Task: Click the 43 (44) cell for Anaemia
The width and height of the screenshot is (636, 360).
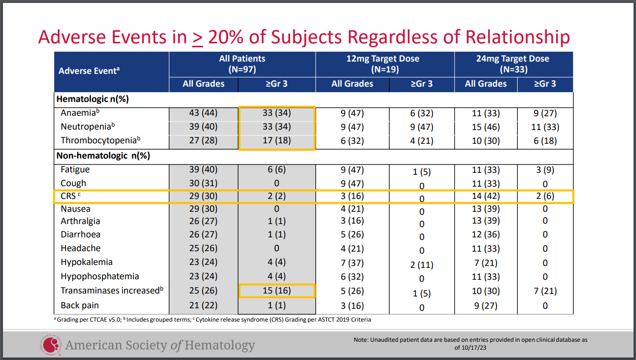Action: click(x=203, y=113)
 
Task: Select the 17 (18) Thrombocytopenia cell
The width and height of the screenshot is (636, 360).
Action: click(x=276, y=140)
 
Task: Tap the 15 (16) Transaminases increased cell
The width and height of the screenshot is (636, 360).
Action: click(x=276, y=291)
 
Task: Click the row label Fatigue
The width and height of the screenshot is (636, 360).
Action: click(x=75, y=169)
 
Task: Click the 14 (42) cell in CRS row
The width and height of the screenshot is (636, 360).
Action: click(x=486, y=196)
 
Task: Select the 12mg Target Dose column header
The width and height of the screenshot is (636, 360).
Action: click(x=385, y=64)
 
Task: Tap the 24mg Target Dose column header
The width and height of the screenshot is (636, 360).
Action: click(x=513, y=64)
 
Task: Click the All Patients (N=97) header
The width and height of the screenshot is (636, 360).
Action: click(x=242, y=64)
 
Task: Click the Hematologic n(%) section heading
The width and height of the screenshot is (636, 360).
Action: click(x=93, y=99)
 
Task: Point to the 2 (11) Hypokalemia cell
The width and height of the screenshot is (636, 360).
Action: click(x=422, y=264)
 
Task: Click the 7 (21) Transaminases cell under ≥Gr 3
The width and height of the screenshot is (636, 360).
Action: click(x=545, y=291)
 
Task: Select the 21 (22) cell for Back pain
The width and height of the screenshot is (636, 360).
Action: click(x=203, y=305)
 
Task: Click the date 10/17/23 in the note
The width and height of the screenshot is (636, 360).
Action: click(x=472, y=347)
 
